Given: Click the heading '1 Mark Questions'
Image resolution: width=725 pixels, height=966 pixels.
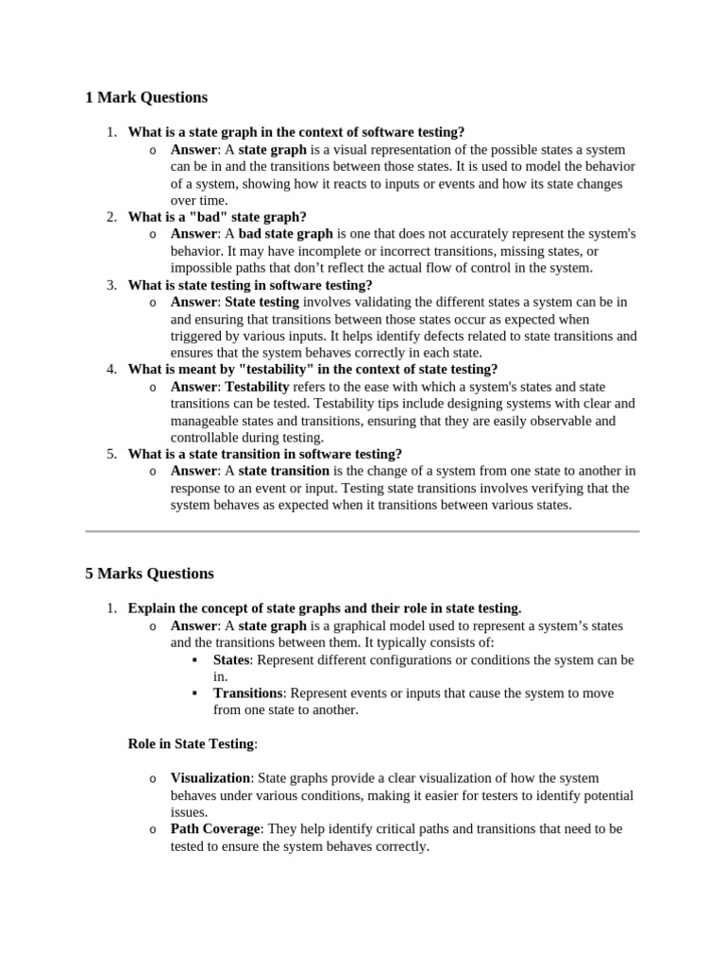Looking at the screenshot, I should point(146,97).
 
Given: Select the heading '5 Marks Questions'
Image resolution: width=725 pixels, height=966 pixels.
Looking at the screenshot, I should point(149,574).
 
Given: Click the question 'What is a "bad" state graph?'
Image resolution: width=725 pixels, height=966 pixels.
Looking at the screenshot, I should point(217,217).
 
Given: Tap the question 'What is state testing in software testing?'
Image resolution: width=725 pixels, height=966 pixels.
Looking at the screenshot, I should point(250,285).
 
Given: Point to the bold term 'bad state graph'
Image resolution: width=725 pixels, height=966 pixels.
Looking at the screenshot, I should point(285,234).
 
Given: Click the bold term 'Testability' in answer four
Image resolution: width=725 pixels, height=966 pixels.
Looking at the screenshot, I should point(257,387).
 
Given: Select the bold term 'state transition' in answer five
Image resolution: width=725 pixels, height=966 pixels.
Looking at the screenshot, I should point(283,471).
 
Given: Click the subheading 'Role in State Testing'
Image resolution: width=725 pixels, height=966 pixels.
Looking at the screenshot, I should point(191,743).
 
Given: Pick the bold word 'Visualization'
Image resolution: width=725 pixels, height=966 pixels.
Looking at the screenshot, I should point(211,778).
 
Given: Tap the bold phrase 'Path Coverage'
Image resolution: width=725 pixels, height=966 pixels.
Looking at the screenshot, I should point(215,829).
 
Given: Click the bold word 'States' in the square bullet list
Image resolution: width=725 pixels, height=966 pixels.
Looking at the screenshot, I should point(231,659).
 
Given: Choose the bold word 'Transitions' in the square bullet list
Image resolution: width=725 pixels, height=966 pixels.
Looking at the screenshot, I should point(246,693).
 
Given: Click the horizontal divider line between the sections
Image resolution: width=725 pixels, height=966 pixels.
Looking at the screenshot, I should point(362,532).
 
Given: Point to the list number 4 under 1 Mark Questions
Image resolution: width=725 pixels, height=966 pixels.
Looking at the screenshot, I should point(111,370).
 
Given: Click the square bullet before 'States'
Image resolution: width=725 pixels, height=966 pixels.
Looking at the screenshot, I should point(194,659).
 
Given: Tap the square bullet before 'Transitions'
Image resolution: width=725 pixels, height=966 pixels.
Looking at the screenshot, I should point(194,693).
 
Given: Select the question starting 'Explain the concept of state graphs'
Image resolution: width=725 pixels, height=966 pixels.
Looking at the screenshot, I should point(325,608).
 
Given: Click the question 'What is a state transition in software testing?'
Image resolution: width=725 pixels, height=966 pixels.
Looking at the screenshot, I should point(264,454).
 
